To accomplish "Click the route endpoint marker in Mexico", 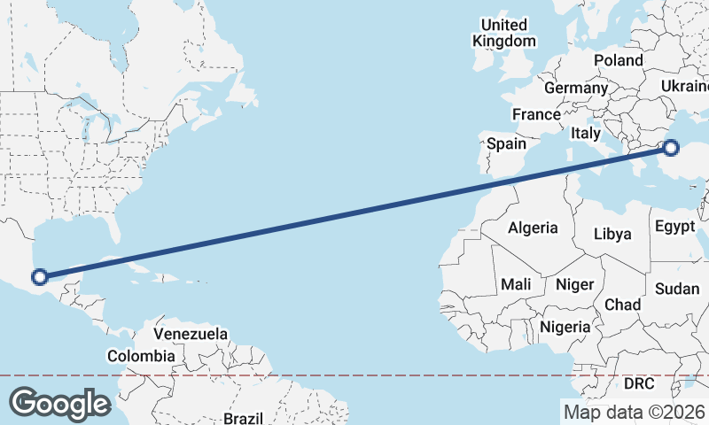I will click(x=39, y=277).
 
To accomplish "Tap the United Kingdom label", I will click(x=503, y=33).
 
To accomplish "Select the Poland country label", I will click(x=618, y=60).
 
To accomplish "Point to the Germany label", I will click(x=575, y=89).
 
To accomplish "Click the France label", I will click(x=536, y=114).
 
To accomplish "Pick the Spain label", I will click(x=506, y=143).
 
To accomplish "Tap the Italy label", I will click(x=586, y=133).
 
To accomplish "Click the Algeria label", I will click(x=533, y=228).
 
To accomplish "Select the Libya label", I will click(x=612, y=234).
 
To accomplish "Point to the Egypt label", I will click(x=675, y=227).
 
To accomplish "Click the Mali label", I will click(x=516, y=284).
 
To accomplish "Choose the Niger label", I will click(x=573, y=284).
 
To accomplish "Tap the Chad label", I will click(x=622, y=304).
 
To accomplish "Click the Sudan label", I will click(x=677, y=289).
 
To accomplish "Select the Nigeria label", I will click(x=565, y=327).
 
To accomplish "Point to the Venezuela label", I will click(x=191, y=335).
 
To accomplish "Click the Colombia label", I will click(x=141, y=356).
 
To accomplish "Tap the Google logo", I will click(x=59, y=404).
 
